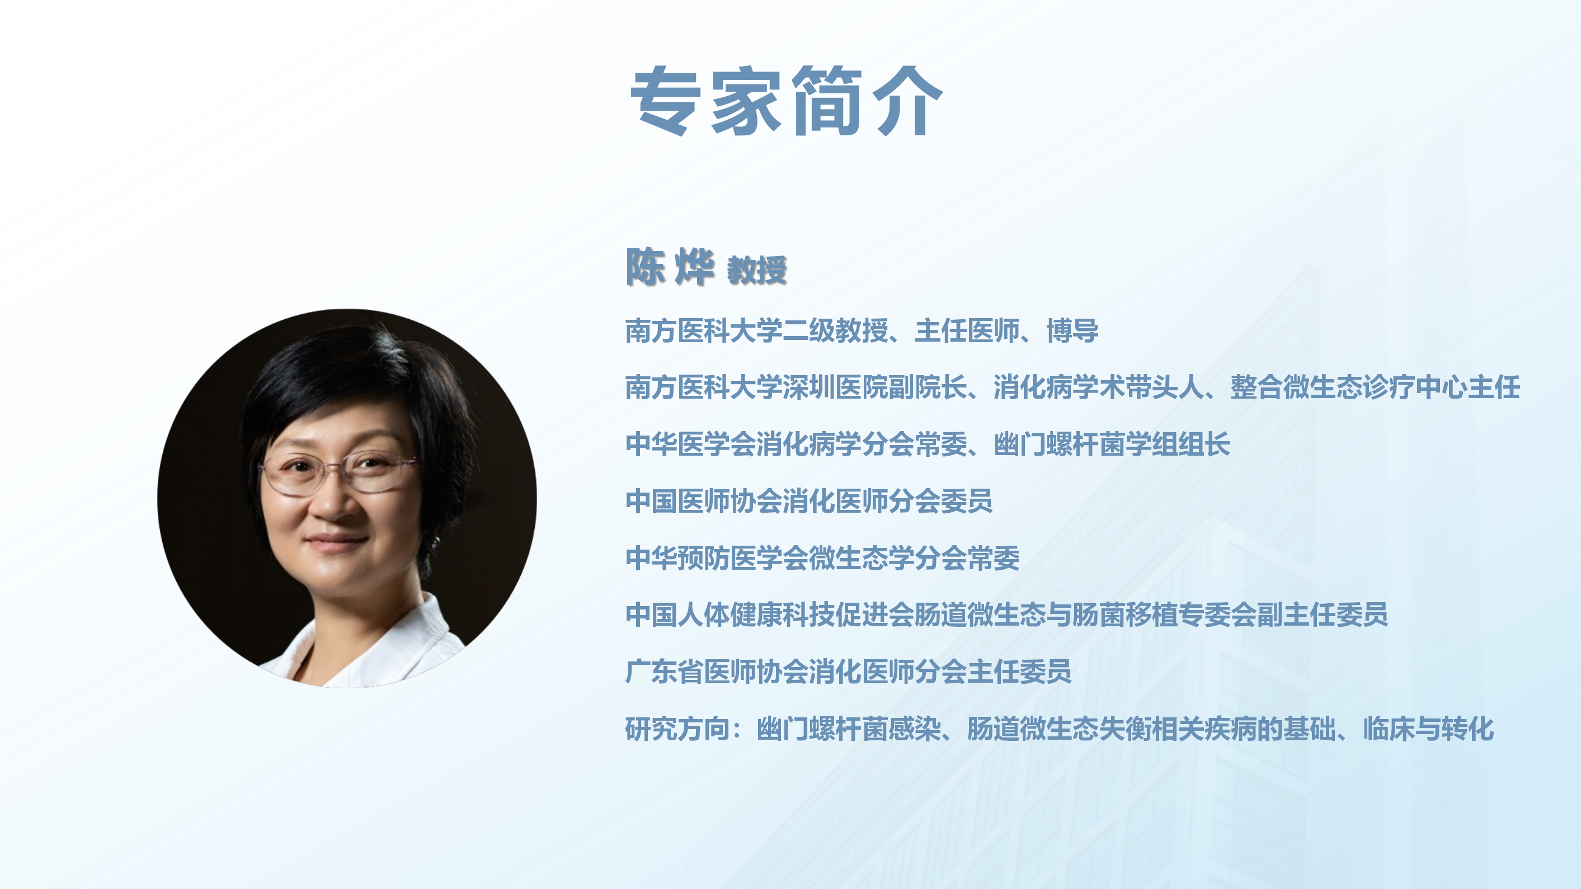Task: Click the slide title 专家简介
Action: coord(786,100)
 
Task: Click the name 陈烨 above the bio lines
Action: coord(670,267)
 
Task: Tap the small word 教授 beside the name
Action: coord(757,270)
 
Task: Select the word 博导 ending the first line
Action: coord(1073,330)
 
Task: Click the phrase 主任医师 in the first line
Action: coord(967,330)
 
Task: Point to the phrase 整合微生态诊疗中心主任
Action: coord(1375,387)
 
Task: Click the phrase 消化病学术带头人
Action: coord(1099,387)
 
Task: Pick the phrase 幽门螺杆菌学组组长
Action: coord(1112,444)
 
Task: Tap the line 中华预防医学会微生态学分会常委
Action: coord(822,557)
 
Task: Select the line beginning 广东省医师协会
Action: coord(848,671)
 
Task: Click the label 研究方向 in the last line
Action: coord(677,729)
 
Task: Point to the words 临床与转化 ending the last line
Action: coord(1429,729)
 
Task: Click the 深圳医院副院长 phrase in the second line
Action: coord(874,387)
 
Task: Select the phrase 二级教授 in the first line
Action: coord(835,330)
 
